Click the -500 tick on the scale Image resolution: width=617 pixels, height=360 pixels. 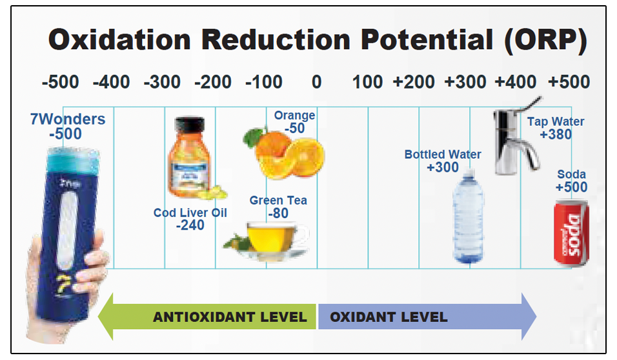pos(60,82)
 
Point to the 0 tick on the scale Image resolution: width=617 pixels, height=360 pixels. pos(316,82)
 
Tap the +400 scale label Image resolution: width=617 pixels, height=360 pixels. pos(515,82)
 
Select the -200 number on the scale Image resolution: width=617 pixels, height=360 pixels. pos(213,82)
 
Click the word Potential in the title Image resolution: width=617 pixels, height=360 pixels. pos(427,39)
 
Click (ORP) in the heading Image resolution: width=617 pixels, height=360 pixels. pos(546,40)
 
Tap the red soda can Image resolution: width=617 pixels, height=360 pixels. pos(571,233)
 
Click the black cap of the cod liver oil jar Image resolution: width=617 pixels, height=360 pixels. pos(190,125)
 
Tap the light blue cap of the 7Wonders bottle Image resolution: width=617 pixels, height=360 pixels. pos(73,161)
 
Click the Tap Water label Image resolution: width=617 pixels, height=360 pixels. pos(556,121)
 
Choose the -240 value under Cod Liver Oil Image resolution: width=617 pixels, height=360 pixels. pos(190,225)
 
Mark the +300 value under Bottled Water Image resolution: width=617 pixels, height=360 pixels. pos(443,167)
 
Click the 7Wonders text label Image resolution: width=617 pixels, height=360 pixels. pos(68,119)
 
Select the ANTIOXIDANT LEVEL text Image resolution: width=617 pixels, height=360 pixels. pos(230,317)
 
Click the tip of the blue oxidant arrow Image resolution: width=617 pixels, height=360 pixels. pos(536,316)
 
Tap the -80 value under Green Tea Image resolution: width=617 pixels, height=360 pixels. pos(278,214)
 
